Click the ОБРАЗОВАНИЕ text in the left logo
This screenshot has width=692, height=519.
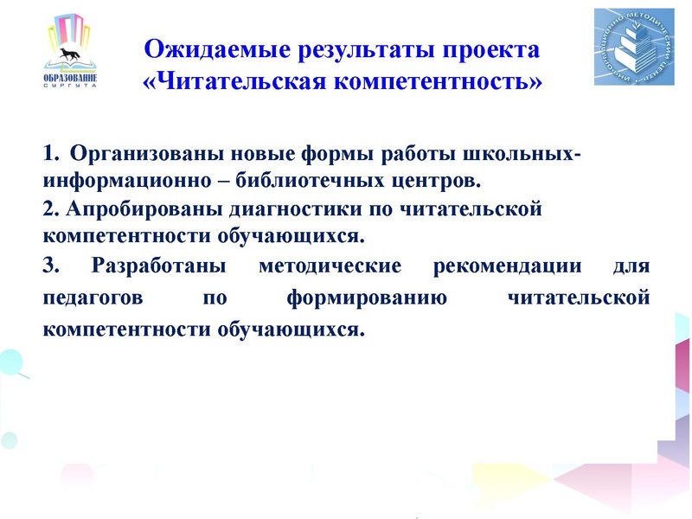click(69, 80)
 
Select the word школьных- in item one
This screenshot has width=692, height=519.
click(513, 156)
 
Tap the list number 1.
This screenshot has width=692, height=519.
click(48, 156)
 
